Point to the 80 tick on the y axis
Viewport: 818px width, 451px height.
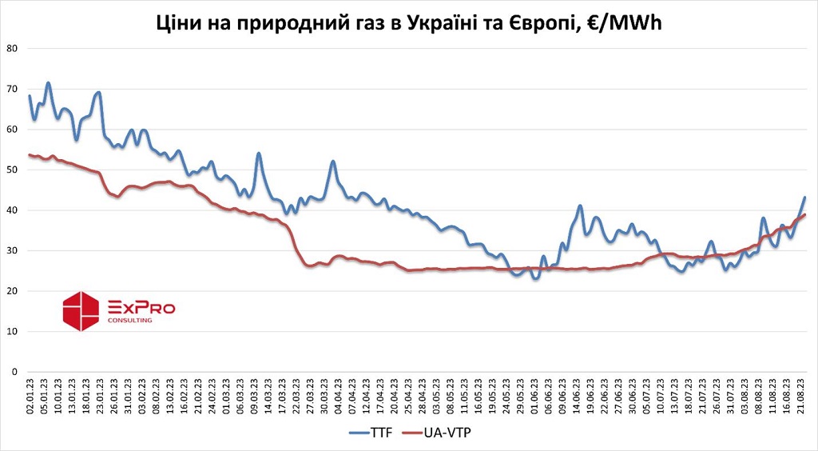click(12, 48)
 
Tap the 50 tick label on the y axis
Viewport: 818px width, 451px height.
click(12, 170)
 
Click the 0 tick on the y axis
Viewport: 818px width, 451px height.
click(14, 372)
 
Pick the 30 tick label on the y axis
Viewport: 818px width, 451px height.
click(12, 250)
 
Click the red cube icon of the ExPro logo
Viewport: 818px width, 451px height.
click(80, 311)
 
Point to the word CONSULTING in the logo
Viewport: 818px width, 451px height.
click(129, 320)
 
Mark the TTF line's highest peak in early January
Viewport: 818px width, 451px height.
click(48, 82)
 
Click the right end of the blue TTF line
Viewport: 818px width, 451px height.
click(804, 197)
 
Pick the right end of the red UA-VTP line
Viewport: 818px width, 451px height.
click(804, 214)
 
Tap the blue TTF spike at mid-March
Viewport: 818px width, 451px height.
click(259, 154)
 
